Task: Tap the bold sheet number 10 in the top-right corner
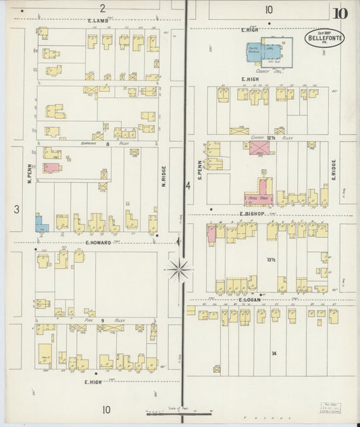340,13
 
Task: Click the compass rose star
179,270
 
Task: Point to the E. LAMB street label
98,21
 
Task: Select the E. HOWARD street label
98,241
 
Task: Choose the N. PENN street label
30,175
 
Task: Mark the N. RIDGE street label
163,176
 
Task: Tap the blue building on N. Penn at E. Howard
41,224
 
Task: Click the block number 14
274,353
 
